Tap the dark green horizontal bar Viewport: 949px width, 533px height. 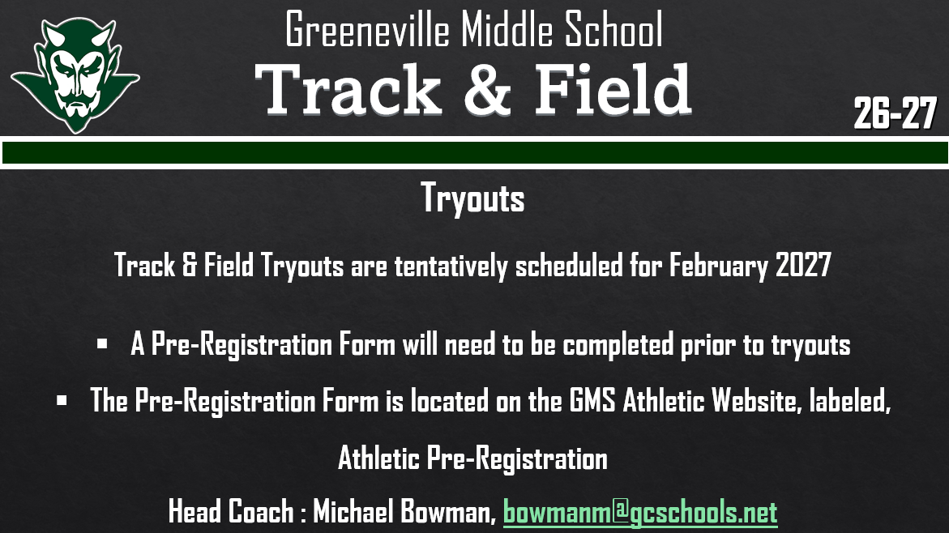(x=474, y=152)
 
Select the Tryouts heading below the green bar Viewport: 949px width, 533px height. (x=473, y=198)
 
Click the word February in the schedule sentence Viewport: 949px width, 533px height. (x=718, y=266)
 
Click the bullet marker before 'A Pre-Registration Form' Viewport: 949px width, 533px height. (x=102, y=344)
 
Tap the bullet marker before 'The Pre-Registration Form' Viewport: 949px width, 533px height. (x=62, y=399)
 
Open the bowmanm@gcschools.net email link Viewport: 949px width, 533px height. (x=639, y=512)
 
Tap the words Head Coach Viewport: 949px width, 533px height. (x=230, y=512)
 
